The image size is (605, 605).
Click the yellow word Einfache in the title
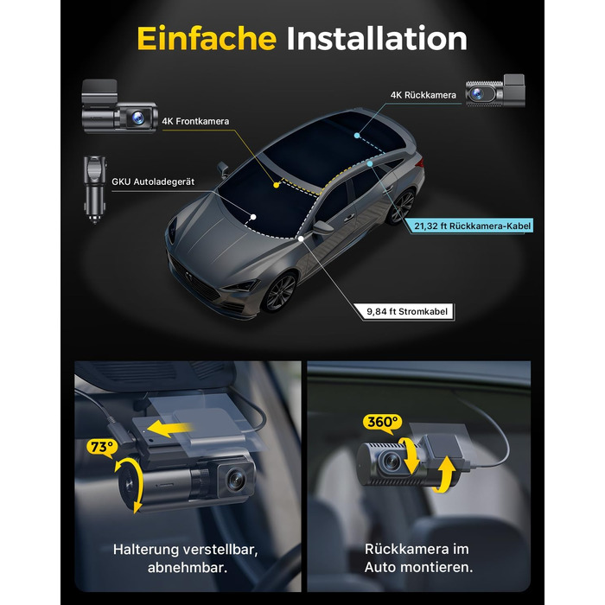click(207, 39)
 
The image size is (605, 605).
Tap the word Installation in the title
click(377, 39)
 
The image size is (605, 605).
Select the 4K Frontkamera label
click(195, 121)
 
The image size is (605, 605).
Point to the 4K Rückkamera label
click(423, 95)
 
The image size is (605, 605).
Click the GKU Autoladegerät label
click(153, 181)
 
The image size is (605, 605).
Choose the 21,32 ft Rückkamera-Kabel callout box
click(472, 226)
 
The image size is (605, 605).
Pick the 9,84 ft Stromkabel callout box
click(407, 312)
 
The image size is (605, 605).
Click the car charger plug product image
click(94, 189)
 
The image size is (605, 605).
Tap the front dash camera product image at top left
click(119, 106)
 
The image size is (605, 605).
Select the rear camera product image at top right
click(495, 92)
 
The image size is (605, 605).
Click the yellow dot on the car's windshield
click(277, 185)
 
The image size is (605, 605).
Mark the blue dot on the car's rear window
click(357, 136)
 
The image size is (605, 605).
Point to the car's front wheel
click(281, 292)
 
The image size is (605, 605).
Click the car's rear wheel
click(401, 207)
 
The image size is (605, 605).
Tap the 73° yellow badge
click(102, 447)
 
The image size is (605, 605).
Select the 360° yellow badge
click(382, 423)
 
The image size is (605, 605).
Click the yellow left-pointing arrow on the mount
click(169, 429)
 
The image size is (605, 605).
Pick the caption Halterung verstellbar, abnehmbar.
click(186, 558)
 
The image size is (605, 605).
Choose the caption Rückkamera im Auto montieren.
click(418, 558)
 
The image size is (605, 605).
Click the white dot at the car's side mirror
click(301, 239)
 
